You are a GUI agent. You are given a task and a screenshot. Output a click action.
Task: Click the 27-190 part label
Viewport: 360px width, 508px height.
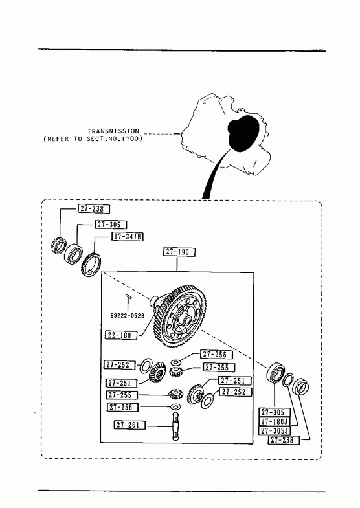pyautogui.click(x=179, y=252)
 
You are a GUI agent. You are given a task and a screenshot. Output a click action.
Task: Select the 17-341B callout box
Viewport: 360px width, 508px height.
pyautogui.click(x=128, y=236)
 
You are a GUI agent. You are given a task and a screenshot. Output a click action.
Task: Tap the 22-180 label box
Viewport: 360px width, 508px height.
pyautogui.click(x=121, y=335)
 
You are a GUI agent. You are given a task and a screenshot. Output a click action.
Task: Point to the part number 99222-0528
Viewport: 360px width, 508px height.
pyautogui.click(x=128, y=316)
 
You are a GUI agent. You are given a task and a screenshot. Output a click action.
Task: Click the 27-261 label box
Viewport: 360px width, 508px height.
pyautogui.click(x=130, y=425)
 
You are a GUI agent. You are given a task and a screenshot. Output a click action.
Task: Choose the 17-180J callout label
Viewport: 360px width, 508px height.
pyautogui.click(x=275, y=421)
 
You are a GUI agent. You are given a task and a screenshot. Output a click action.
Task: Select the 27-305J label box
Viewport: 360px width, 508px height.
pyautogui.click(x=275, y=430)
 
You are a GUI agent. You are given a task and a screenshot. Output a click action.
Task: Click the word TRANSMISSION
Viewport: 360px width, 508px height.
pyautogui.click(x=113, y=131)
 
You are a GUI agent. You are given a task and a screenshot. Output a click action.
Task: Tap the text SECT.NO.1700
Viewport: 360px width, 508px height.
pyautogui.click(x=113, y=139)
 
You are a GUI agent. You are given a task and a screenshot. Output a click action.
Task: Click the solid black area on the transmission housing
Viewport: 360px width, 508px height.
pyautogui.click(x=243, y=133)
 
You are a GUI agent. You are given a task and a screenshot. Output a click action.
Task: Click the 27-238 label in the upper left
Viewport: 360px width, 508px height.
pyautogui.click(x=94, y=209)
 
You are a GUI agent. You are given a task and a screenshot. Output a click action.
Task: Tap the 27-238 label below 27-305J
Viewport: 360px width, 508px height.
pyautogui.click(x=284, y=440)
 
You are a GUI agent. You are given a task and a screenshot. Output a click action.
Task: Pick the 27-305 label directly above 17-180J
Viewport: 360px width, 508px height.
pyautogui.click(x=275, y=412)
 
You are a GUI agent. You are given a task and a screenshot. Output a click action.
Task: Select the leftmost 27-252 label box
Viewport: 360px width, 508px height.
pyautogui.click(x=118, y=364)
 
